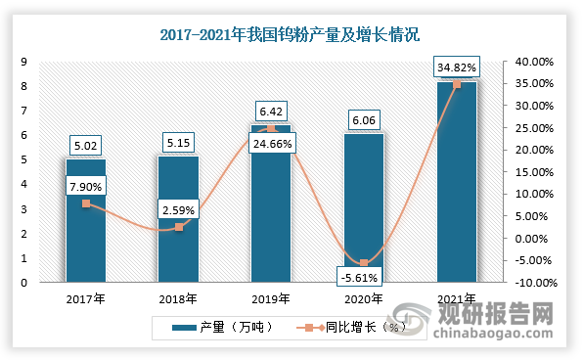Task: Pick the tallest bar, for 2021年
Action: pyautogui.click(x=456, y=186)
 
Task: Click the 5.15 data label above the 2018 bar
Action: pyautogui.click(x=178, y=143)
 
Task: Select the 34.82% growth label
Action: pyautogui.click(x=456, y=67)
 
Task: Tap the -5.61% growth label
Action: pyautogui.click(x=363, y=276)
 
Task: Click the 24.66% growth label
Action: pyautogui.click(x=271, y=144)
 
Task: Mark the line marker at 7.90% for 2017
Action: pyautogui.click(x=85, y=203)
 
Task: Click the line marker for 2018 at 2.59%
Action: pyautogui.click(x=178, y=227)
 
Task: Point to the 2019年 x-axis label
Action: pyautogui.click(x=271, y=298)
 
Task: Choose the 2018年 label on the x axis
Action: pyautogui.click(x=178, y=298)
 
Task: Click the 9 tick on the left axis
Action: pyautogui.click(x=22, y=62)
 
